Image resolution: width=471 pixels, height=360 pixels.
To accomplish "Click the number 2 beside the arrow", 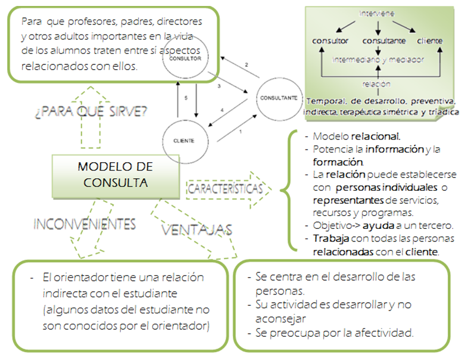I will click(246, 64).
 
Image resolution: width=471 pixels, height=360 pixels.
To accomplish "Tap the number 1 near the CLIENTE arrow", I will click(240, 131).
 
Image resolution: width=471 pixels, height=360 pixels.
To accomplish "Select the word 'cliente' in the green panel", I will click(429, 41).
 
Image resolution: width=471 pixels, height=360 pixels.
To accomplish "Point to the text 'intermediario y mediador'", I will click(377, 60).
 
